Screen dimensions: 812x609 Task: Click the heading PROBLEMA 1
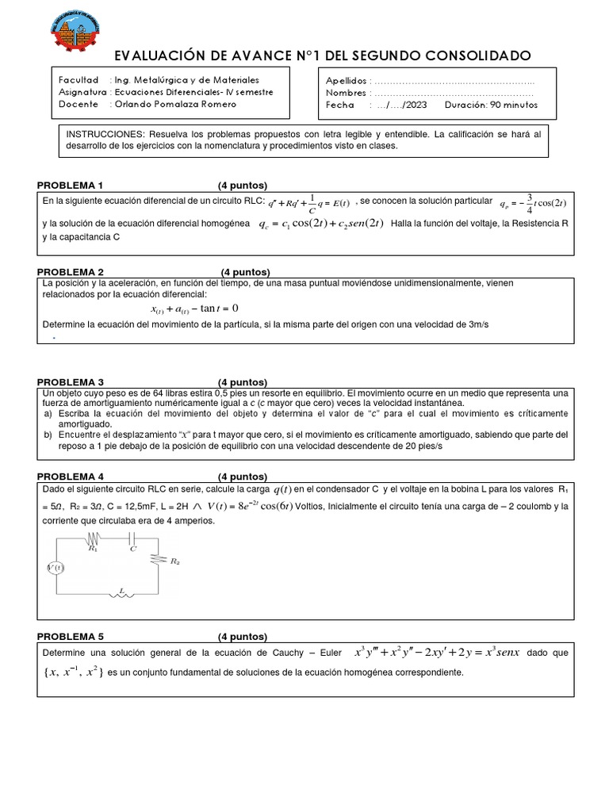(x=71, y=185)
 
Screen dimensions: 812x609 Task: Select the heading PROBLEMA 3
(x=71, y=381)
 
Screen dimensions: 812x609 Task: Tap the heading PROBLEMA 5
(x=71, y=637)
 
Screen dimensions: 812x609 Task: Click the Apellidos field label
(x=347, y=81)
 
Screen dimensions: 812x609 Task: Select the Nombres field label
(x=347, y=93)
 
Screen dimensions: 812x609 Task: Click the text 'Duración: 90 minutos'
(x=491, y=105)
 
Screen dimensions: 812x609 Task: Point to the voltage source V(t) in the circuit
(x=55, y=568)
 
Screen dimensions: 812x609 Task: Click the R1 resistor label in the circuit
(x=93, y=548)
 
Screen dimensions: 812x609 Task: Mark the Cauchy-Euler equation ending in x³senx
(x=437, y=653)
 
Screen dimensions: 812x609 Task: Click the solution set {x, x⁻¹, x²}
(x=71, y=672)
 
